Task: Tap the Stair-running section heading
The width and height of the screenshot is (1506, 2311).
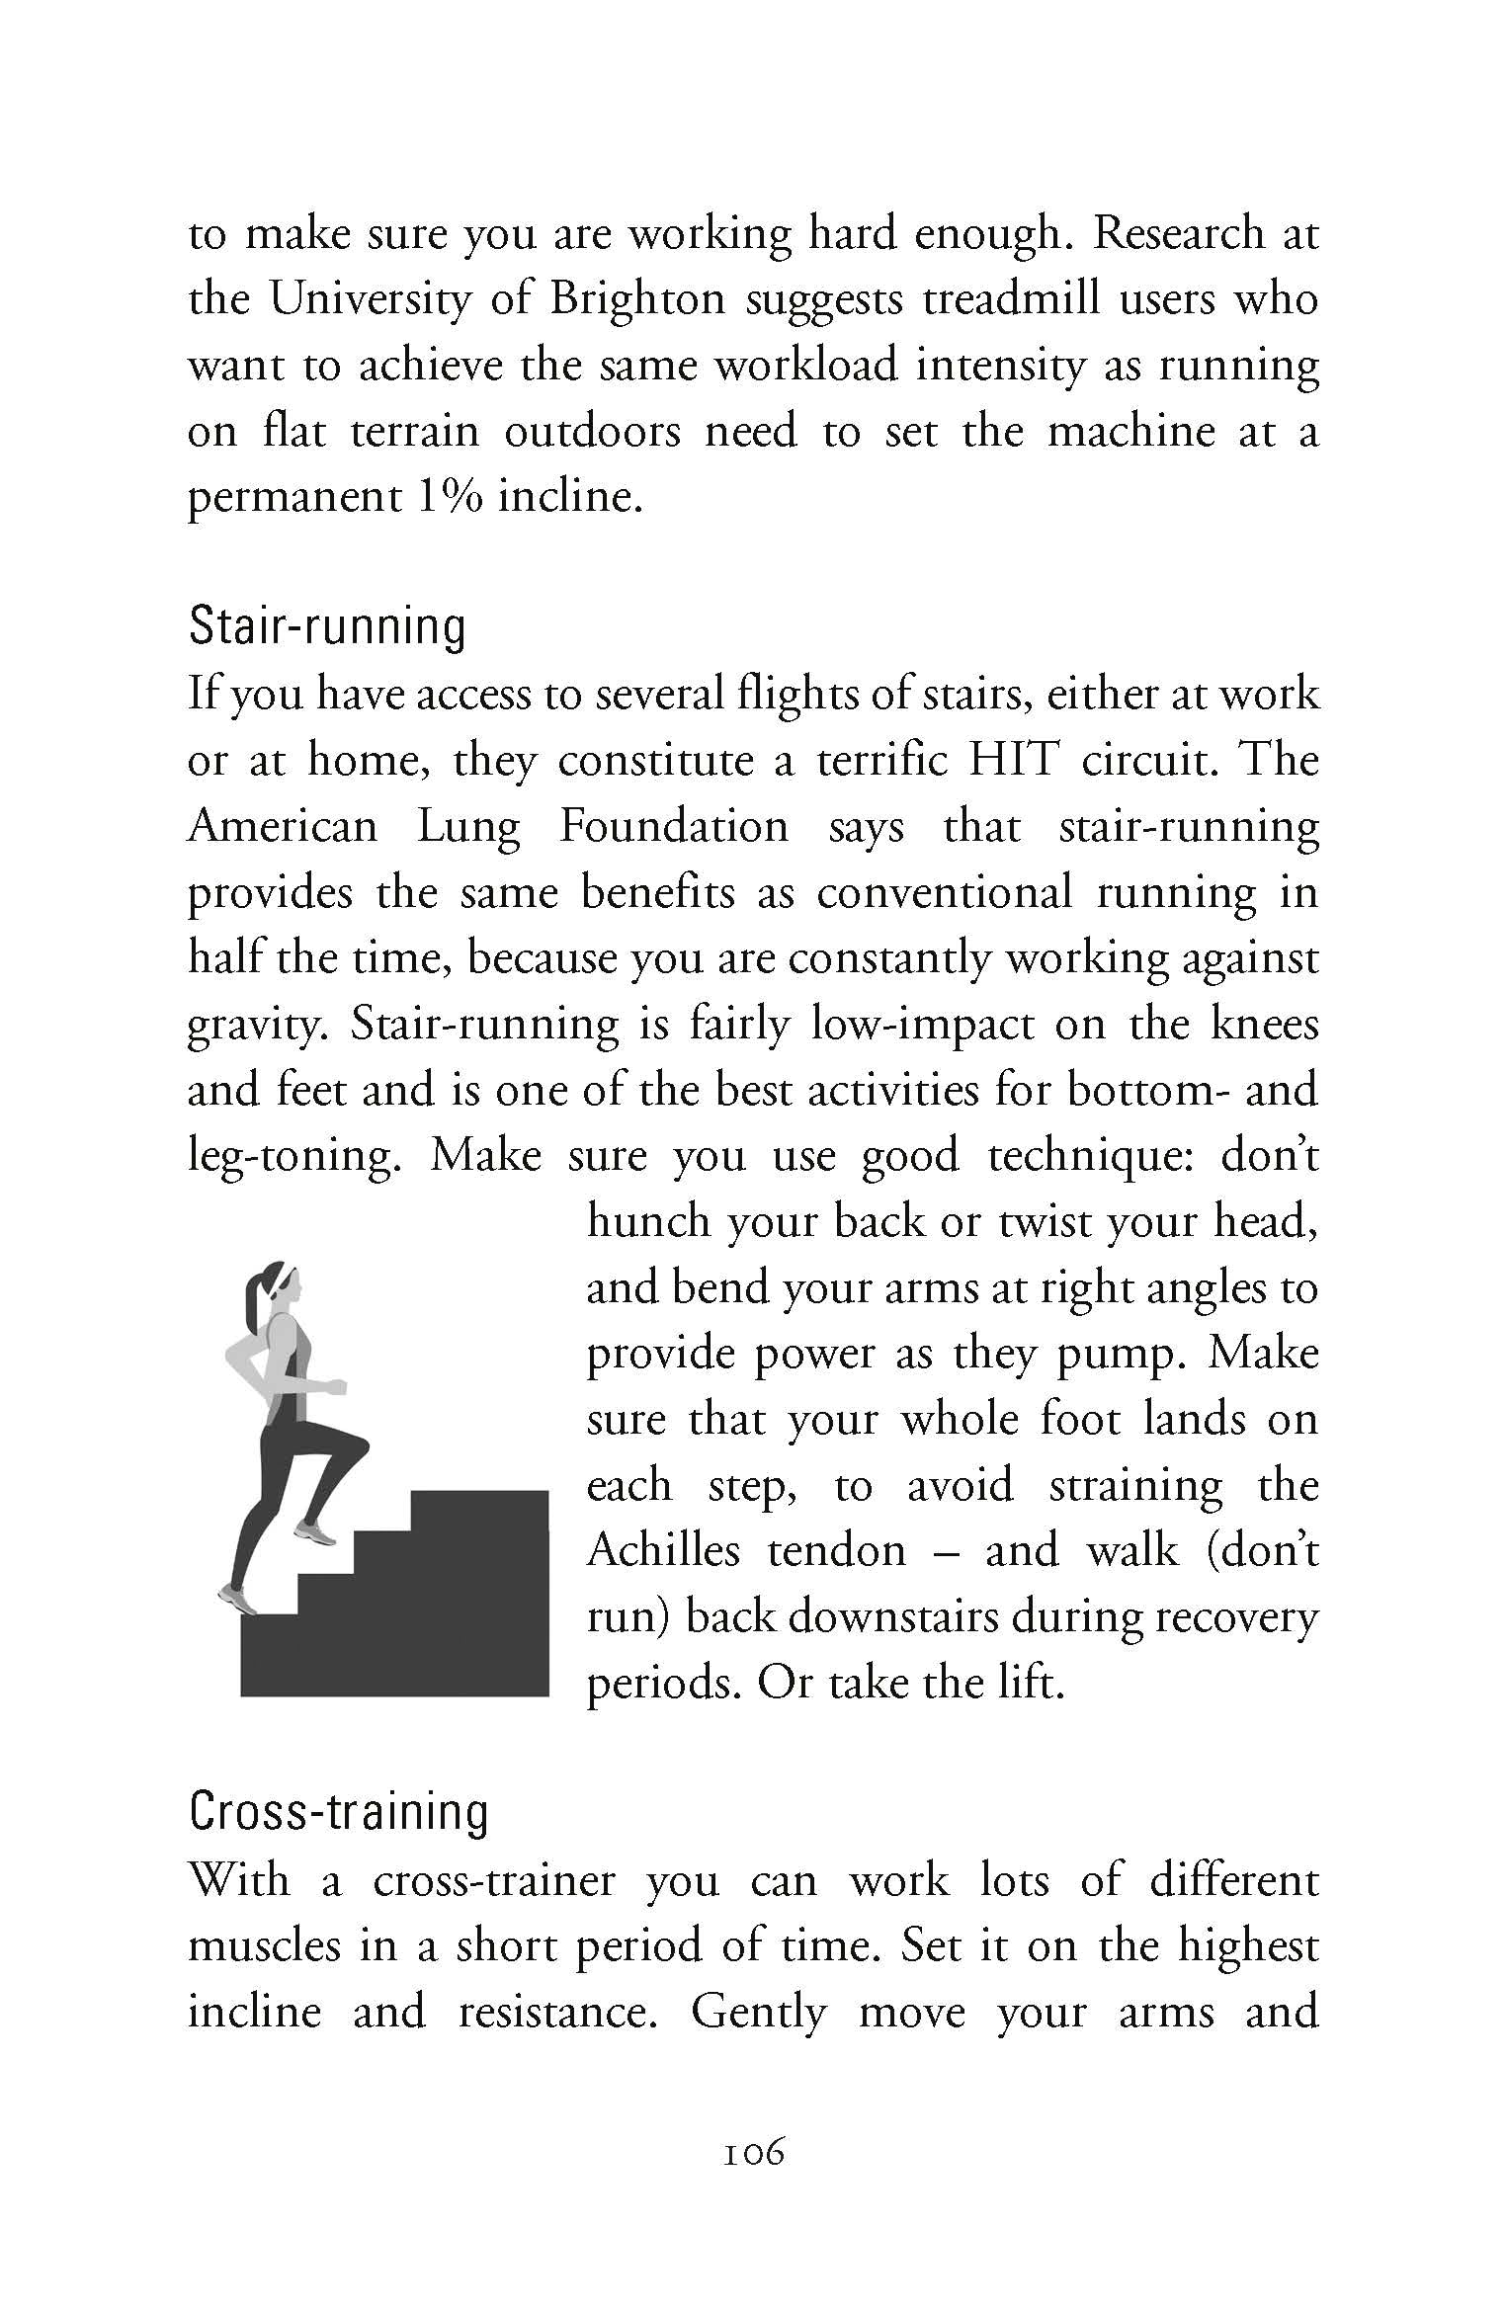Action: click(326, 626)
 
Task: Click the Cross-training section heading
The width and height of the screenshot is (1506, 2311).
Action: click(338, 1812)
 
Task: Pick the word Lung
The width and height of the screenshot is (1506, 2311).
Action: click(468, 826)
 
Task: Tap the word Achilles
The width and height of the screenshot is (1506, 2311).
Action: click(663, 1550)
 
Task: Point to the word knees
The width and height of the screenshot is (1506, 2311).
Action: click(1264, 1024)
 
